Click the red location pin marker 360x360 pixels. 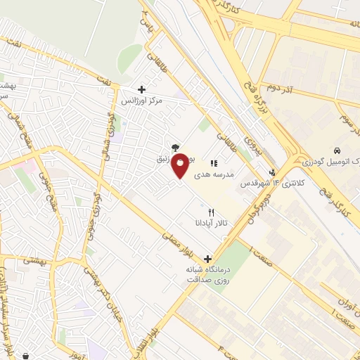pyautogui.click(x=181, y=165)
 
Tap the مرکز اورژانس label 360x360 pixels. pyautogui.click(x=141, y=101)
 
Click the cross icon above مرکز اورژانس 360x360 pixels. pyautogui.click(x=141, y=89)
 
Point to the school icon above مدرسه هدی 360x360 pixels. pyautogui.click(x=213, y=163)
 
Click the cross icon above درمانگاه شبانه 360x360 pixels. pyautogui.click(x=207, y=258)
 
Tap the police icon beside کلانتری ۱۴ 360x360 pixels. pyautogui.click(x=273, y=172)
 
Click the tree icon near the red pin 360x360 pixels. pyautogui.click(x=173, y=147)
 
